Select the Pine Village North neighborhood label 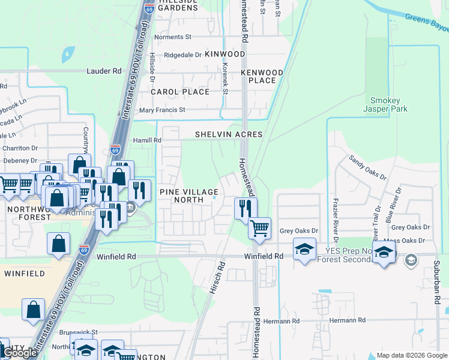tap(188, 196)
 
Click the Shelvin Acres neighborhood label tap(229, 134)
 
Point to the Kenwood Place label tap(262, 76)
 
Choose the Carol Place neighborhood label tap(180, 92)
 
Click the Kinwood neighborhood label tap(224, 54)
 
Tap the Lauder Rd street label tap(104, 71)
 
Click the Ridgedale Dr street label tap(182, 55)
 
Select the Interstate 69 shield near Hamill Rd tap(115, 149)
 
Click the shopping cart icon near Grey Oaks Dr tap(259, 228)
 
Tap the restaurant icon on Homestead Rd tap(245, 208)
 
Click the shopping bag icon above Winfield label tap(58, 244)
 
